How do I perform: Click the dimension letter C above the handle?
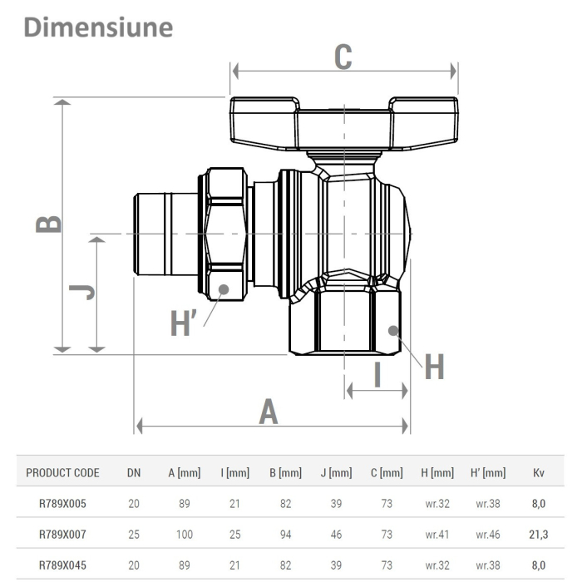click(343, 57)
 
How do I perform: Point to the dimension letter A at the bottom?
click(269, 411)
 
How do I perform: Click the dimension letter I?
click(377, 374)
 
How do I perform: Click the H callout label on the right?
click(434, 366)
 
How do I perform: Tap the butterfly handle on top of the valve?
click(343, 121)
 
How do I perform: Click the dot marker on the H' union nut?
click(224, 289)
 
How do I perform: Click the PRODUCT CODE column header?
click(63, 473)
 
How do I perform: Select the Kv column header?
click(538, 473)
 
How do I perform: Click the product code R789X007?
click(62, 535)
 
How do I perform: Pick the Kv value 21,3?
click(538, 535)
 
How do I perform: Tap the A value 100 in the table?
click(184, 535)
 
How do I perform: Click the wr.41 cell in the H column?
click(436, 535)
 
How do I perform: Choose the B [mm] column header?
click(285, 473)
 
